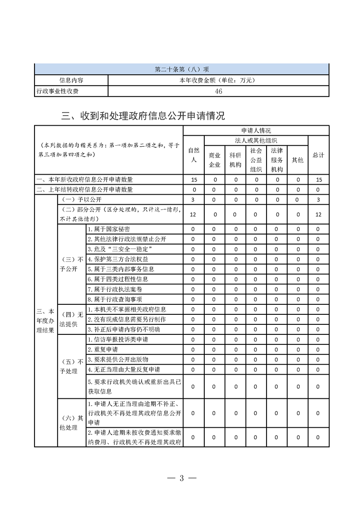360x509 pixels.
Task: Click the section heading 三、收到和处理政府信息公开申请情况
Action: coord(143,116)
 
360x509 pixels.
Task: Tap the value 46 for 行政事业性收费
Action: coord(218,91)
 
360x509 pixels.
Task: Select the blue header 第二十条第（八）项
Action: coord(182,69)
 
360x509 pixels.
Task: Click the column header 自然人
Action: coord(193,155)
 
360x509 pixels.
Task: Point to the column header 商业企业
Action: coord(214,160)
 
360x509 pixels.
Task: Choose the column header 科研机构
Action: coord(235,160)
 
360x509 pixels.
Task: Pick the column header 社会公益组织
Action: coord(256,160)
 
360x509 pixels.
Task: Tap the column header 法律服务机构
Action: coord(277,160)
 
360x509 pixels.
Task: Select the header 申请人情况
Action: coord(256,131)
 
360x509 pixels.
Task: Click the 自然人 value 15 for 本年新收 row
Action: coord(193,180)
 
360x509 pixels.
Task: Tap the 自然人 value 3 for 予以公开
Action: coord(193,200)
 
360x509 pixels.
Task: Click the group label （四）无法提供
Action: coord(72,319)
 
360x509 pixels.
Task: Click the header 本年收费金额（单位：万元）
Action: coord(218,80)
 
